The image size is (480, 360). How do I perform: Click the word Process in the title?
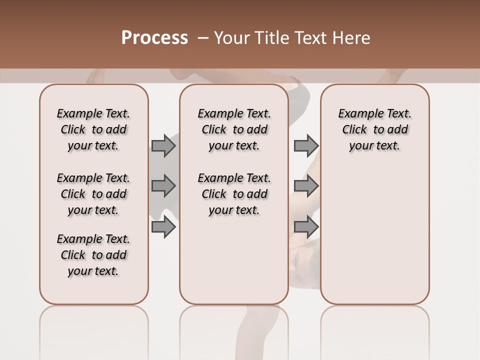click(x=154, y=38)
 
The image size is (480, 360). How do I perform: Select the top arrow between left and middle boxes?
click(x=163, y=145)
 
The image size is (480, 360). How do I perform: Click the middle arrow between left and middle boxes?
click(x=163, y=186)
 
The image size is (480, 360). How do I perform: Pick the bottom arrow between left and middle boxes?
click(x=163, y=227)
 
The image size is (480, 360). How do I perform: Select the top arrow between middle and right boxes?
click(x=306, y=145)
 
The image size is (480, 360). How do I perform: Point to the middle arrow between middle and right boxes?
click(x=306, y=186)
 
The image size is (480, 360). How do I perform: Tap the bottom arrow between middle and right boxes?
click(x=306, y=227)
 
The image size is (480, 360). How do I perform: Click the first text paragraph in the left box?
click(x=93, y=129)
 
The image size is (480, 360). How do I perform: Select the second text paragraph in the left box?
click(x=93, y=194)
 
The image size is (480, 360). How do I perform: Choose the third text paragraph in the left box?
click(x=93, y=255)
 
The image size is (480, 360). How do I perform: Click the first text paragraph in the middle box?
click(x=234, y=129)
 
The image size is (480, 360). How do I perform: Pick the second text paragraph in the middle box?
click(x=234, y=194)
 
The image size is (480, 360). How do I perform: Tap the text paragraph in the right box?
click(x=375, y=129)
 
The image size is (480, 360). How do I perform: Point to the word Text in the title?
click(x=311, y=38)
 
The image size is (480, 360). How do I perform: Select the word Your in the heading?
click(x=231, y=38)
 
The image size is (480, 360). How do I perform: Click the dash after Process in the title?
click(x=203, y=38)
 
